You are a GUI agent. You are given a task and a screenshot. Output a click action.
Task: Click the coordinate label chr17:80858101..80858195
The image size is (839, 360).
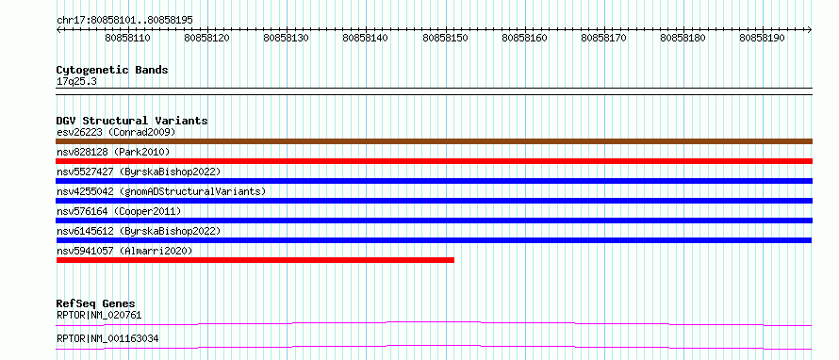click(x=124, y=21)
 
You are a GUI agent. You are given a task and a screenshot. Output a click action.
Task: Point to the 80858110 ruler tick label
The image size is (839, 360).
click(x=127, y=38)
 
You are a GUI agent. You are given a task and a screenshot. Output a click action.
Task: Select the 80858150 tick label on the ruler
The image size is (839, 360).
click(x=445, y=38)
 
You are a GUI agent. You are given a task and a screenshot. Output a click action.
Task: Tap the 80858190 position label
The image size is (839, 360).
click(x=762, y=38)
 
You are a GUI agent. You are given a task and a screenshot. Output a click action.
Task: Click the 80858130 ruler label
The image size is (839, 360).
click(x=287, y=38)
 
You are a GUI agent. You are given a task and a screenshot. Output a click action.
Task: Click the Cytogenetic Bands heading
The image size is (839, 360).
click(x=112, y=70)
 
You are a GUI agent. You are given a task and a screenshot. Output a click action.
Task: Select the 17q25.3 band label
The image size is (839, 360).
click(x=76, y=82)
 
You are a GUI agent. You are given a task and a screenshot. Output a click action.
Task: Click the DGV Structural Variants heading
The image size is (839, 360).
click(x=132, y=121)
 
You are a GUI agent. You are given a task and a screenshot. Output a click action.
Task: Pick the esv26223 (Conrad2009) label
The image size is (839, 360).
click(x=116, y=132)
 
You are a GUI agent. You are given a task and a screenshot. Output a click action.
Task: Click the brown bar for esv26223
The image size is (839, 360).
click(x=434, y=141)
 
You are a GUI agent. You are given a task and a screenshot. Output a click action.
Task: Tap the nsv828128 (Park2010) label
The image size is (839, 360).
click(x=113, y=153)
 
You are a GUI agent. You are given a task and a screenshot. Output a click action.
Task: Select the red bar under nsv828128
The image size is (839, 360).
click(x=434, y=161)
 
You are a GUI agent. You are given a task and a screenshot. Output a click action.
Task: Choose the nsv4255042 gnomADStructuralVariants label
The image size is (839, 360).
click(x=161, y=191)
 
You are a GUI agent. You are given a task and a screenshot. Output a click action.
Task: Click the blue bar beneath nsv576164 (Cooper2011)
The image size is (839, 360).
click(x=434, y=221)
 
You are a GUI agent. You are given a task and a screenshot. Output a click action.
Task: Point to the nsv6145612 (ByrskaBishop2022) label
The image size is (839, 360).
click(x=139, y=231)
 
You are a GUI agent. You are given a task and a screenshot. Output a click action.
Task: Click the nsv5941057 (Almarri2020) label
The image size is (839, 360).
click(x=124, y=251)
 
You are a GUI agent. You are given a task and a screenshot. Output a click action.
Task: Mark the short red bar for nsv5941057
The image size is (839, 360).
click(x=255, y=260)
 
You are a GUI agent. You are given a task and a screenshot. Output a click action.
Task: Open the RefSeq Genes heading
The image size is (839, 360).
click(x=96, y=303)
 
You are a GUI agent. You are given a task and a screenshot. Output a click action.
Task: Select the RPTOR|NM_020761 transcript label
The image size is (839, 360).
click(x=99, y=315)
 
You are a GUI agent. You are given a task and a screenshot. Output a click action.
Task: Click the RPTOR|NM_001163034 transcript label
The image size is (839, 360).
click(x=107, y=339)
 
